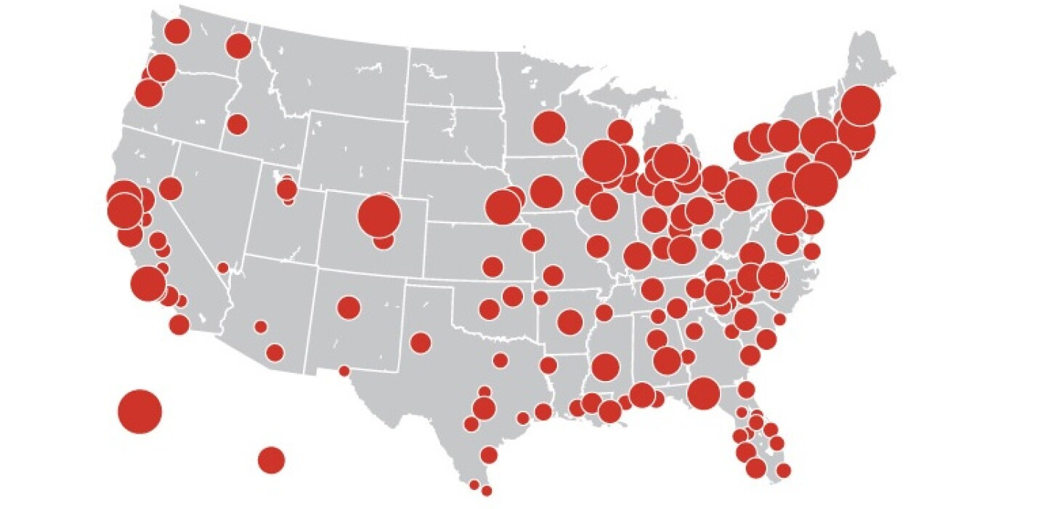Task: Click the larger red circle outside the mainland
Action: tap(139, 411)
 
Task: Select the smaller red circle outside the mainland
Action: tap(271, 460)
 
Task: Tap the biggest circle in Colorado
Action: tap(379, 215)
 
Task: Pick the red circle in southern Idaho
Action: tap(237, 124)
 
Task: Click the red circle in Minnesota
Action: tap(549, 127)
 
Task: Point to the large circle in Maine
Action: tap(861, 105)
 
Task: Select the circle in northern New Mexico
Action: tap(349, 307)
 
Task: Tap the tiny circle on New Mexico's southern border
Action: tap(344, 371)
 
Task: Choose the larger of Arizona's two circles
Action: tap(275, 353)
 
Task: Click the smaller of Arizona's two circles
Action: tap(261, 326)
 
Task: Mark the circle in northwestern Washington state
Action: tap(177, 31)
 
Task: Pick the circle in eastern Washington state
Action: tap(238, 46)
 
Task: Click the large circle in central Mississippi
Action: tap(605, 367)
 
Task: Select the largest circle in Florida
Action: tap(703, 393)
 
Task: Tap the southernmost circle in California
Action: tap(179, 324)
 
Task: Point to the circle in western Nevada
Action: tap(170, 189)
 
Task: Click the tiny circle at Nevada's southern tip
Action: tap(223, 268)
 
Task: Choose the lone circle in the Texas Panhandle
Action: tap(420, 342)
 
